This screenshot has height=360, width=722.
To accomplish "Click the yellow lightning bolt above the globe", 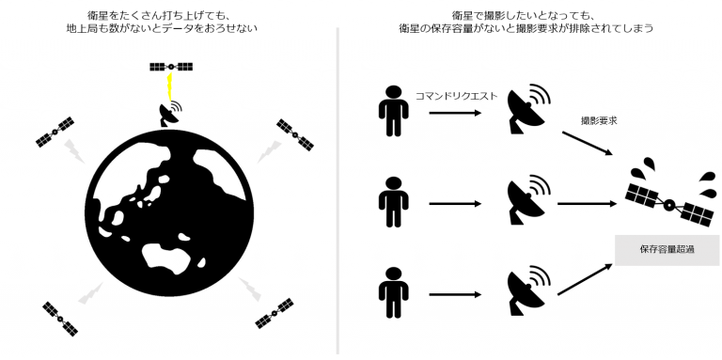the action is tap(169, 86).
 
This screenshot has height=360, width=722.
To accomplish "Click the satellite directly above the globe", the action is tap(171, 67).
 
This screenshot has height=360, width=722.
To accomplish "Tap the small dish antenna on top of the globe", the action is tap(169, 114).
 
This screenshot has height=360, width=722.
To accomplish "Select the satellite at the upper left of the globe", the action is tap(55, 133).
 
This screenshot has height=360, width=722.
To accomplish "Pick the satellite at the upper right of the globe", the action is tap(295, 135).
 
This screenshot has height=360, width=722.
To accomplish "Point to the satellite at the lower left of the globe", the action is tap(60, 319).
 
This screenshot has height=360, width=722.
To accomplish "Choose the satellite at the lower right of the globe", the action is tap(275, 314).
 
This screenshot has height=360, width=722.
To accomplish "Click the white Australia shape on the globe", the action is tap(167, 256).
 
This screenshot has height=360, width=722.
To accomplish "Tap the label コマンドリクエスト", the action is tap(456, 96).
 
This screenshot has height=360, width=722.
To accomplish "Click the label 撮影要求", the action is tap(599, 121).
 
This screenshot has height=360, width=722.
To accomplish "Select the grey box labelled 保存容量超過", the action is tap(667, 250).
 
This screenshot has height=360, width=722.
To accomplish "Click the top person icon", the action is tap(393, 111).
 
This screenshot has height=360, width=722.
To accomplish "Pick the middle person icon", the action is tap(393, 202).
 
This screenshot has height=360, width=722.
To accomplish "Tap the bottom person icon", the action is tap(393, 292).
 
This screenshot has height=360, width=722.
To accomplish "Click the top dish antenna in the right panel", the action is tap(527, 110).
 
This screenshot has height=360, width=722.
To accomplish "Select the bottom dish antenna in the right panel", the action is tap(527, 291).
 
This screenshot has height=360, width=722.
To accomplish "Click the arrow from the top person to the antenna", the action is tap(455, 113).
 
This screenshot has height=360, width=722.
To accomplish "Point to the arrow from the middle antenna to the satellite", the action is tap(587, 203).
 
